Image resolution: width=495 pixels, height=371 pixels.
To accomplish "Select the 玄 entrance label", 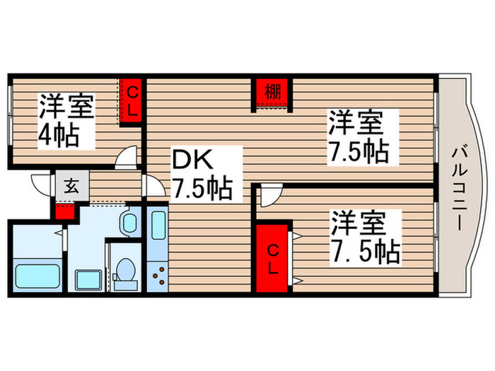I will pos(71,187).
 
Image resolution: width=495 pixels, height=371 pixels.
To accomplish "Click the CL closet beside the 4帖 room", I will pos(132,100).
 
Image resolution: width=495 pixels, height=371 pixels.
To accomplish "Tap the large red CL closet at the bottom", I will pos(272,257).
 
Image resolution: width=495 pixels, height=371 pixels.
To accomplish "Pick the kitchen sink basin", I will pos(157,227).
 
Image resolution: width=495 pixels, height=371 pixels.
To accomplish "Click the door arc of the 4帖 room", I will pos(127,158).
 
